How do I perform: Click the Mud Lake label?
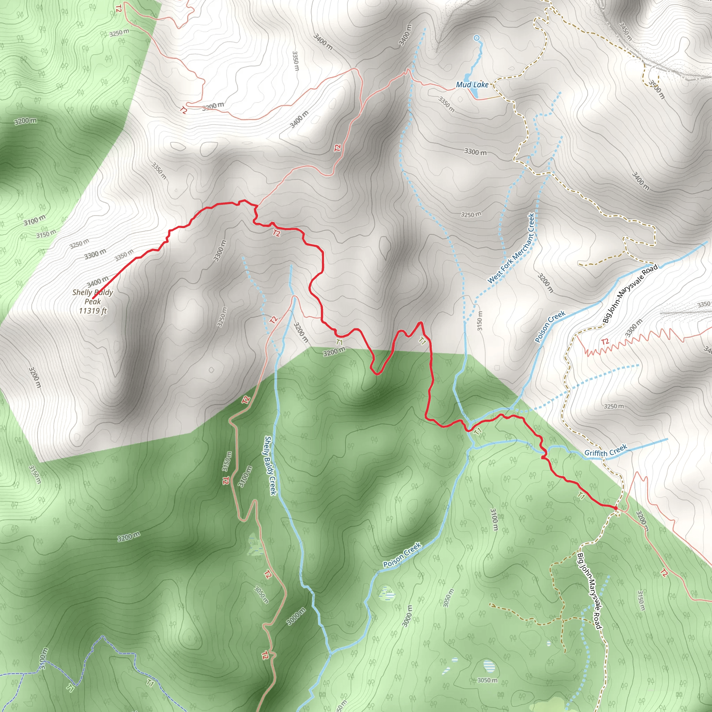(x=472, y=85)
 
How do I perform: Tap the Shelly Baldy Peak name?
(x=92, y=297)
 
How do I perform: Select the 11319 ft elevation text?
(x=92, y=311)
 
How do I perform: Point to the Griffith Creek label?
(x=606, y=450)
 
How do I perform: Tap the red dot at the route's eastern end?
(x=615, y=508)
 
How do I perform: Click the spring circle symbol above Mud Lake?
(x=476, y=38)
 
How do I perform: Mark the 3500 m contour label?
(x=656, y=90)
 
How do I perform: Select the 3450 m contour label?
(x=625, y=31)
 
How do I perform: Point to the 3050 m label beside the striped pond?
(x=487, y=680)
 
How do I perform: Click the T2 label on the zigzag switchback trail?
(x=605, y=342)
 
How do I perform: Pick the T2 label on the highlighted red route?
(x=276, y=233)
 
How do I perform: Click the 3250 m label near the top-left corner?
(x=119, y=33)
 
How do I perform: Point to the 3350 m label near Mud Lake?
(x=446, y=104)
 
